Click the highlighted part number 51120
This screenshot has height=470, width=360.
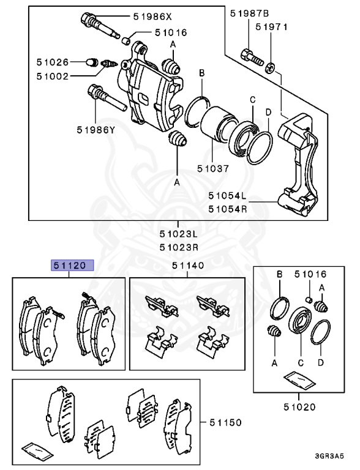coord(72,265)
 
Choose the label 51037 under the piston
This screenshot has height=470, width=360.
coord(214,167)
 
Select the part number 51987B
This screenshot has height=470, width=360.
coord(250,12)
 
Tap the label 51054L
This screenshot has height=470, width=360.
coord(227,196)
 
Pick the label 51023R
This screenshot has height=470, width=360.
coord(178,247)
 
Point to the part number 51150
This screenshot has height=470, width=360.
coord(225,422)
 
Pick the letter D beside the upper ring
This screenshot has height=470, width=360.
coord(268,111)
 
